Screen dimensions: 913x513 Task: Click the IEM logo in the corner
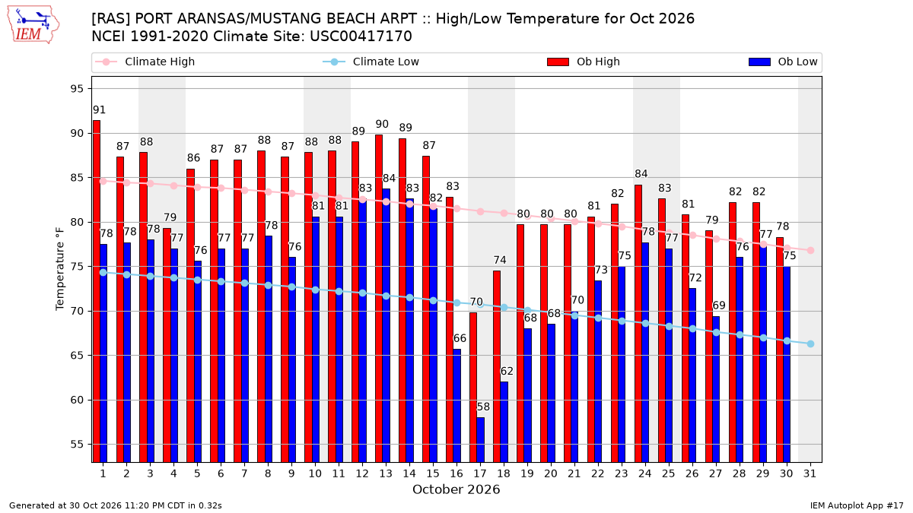(33, 25)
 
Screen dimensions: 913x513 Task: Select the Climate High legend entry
(145, 62)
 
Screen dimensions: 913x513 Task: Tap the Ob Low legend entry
(783, 62)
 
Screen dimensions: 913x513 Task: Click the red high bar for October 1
(97, 291)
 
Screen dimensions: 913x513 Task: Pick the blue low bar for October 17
(481, 440)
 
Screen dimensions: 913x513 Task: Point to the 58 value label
(483, 407)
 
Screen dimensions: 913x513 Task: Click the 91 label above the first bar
(99, 110)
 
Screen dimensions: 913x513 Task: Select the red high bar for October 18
(496, 366)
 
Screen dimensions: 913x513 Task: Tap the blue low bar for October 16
(457, 406)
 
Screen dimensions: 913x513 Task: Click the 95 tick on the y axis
(77, 89)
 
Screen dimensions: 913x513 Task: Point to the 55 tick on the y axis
(77, 444)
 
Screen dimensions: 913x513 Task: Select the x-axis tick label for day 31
(810, 473)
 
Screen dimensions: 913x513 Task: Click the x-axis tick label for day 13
(386, 473)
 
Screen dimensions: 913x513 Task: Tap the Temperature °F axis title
(60, 269)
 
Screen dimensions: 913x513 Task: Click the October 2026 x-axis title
(456, 489)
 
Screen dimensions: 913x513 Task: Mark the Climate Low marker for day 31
(810, 344)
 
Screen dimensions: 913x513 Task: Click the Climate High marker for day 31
(810, 250)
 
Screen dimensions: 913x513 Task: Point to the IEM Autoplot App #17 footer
(857, 505)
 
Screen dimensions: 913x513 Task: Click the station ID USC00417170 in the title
(361, 36)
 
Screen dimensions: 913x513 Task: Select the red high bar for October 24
(638, 324)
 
